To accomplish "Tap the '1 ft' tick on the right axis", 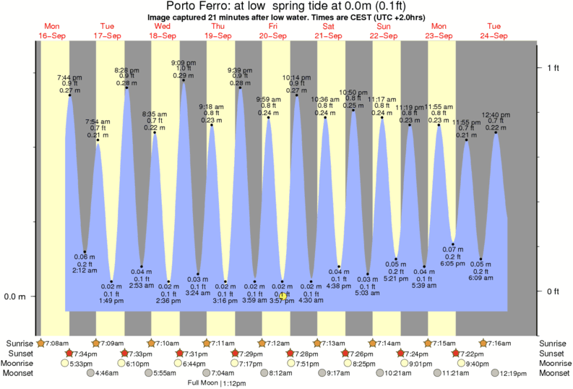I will pyautogui.click(x=553, y=68).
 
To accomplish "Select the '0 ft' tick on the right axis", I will pyautogui.click(x=553, y=291).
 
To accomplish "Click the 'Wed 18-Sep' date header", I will pyautogui.click(x=163, y=30).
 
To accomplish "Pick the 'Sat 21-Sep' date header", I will pyautogui.click(x=328, y=30).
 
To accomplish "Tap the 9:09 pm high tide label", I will pyautogui.click(x=184, y=62).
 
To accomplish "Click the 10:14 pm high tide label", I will pyautogui.click(x=296, y=77).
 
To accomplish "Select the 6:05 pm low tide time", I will pyautogui.click(x=453, y=264).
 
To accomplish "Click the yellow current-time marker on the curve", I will pyautogui.click(x=283, y=295).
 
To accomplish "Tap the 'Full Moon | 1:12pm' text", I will pyautogui.click(x=217, y=383).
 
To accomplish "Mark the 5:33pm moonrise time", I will pyautogui.click(x=82, y=363).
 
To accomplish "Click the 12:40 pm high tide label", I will pyautogui.click(x=496, y=115).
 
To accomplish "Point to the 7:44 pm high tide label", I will pyautogui.click(x=70, y=77).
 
